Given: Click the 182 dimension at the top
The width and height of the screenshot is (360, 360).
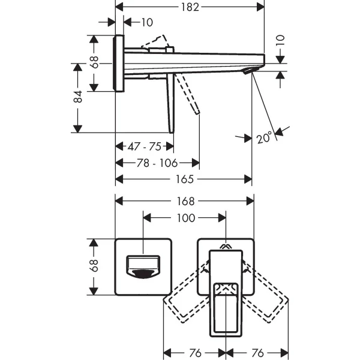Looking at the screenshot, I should tap(190, 7).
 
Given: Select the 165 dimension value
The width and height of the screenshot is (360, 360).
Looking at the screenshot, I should tap(184, 179).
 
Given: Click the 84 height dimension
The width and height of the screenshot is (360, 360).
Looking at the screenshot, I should tap(77, 97).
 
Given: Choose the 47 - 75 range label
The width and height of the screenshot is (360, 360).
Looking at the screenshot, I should tap(144, 146).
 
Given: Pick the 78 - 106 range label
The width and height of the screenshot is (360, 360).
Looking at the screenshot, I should tap(157, 163).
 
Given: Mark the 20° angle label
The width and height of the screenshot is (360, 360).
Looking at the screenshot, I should tap(265, 137).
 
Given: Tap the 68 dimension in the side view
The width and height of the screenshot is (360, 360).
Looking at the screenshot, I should tap(94, 63).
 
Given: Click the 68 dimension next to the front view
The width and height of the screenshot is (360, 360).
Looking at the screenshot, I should tap(94, 266).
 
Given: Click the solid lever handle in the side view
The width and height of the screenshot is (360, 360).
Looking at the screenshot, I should tap(170, 102).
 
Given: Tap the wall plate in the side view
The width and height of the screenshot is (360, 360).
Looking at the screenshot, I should tap(119, 63).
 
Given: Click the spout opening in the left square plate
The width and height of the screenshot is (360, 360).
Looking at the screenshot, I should tap(143, 268).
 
